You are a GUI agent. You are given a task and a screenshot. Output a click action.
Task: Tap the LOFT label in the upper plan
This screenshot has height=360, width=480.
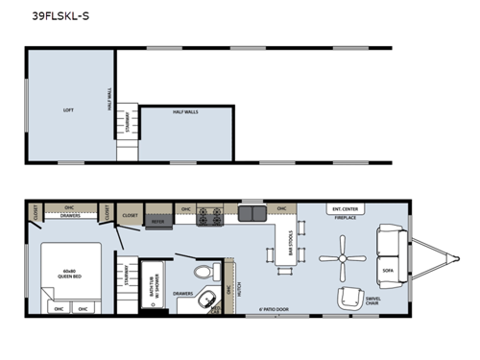pyautogui.click(x=68, y=110)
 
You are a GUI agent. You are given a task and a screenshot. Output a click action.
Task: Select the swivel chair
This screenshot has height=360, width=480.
pyautogui.click(x=351, y=298)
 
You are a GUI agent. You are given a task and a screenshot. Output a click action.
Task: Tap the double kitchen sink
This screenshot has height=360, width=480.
pyautogui.click(x=252, y=213)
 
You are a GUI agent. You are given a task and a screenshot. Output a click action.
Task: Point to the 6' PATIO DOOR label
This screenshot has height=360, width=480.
pyautogui.click(x=276, y=309)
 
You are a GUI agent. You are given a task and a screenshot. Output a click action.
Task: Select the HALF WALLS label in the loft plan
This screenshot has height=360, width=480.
pyautogui.click(x=185, y=112)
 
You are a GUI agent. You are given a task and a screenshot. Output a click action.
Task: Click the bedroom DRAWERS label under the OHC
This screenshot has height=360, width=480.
pyautogui.click(x=70, y=216)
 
